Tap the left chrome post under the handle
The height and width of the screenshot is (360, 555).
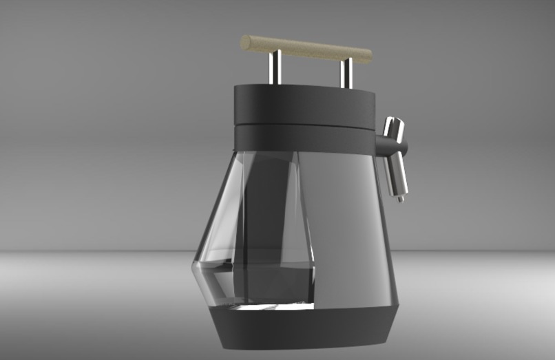click(x=273, y=68)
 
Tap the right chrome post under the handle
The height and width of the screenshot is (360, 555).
click(x=347, y=73)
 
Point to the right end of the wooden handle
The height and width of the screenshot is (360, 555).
click(x=368, y=55)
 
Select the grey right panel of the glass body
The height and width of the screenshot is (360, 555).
click(x=344, y=227)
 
